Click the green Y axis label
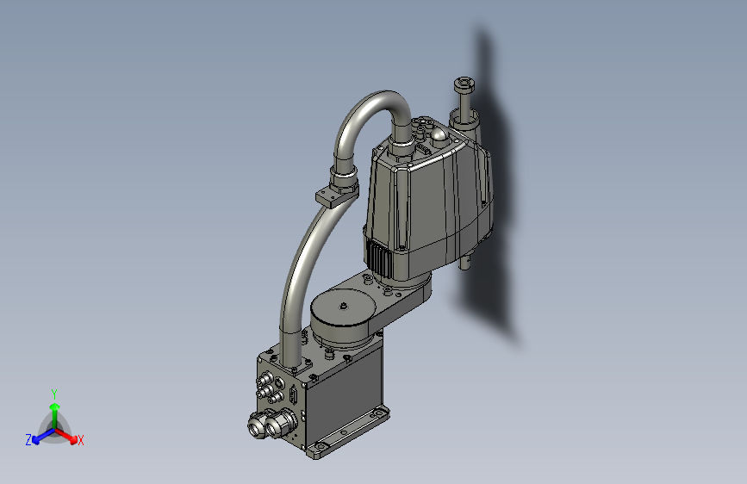(53, 392)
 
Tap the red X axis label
(80, 441)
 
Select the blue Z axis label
(28, 440)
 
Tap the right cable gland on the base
(279, 421)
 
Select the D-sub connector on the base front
(295, 397)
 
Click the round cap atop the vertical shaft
(464, 84)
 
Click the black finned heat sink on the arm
(380, 258)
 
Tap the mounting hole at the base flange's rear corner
(377, 414)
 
